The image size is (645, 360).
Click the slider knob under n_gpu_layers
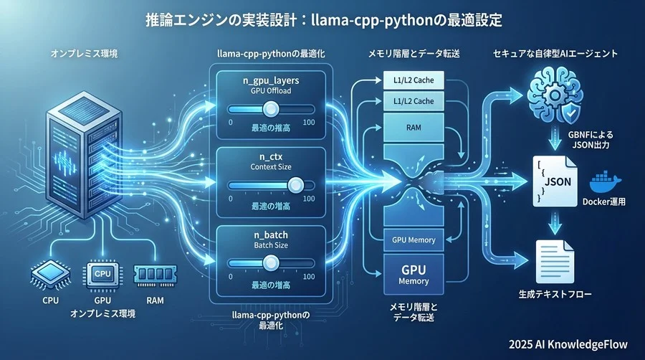[x=270, y=108]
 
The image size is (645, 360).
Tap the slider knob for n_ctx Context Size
[x=295, y=185]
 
